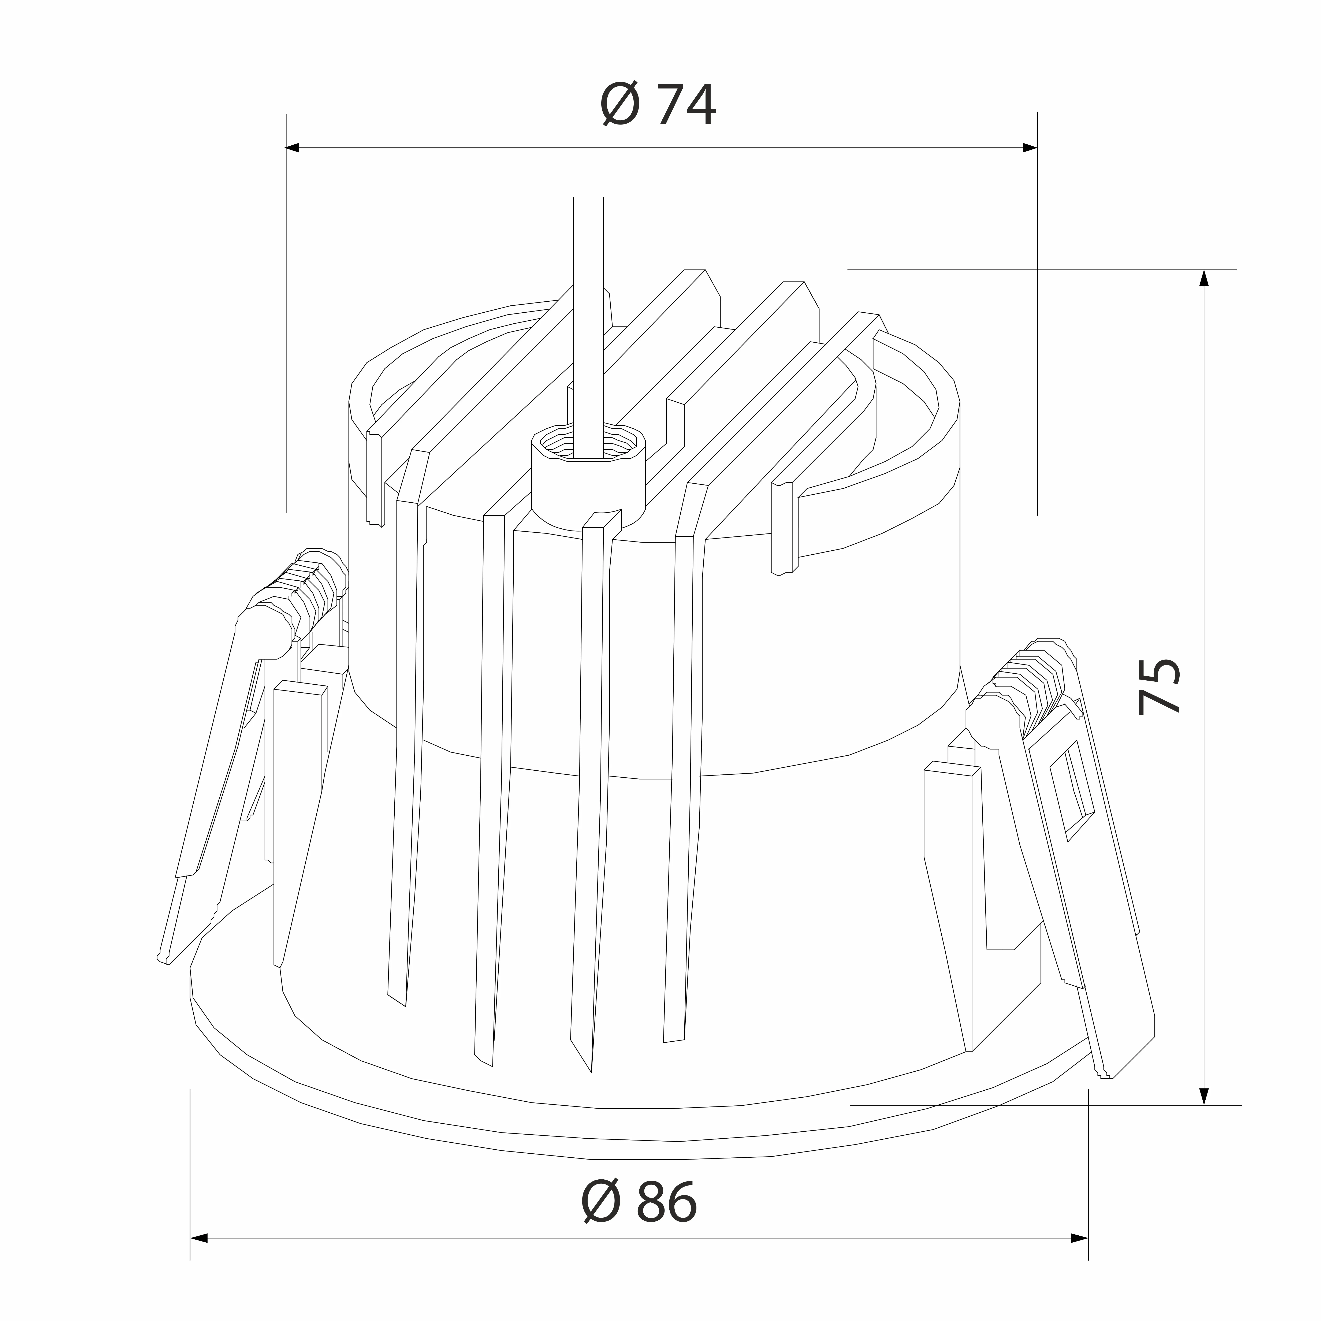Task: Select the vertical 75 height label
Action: (1160, 686)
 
